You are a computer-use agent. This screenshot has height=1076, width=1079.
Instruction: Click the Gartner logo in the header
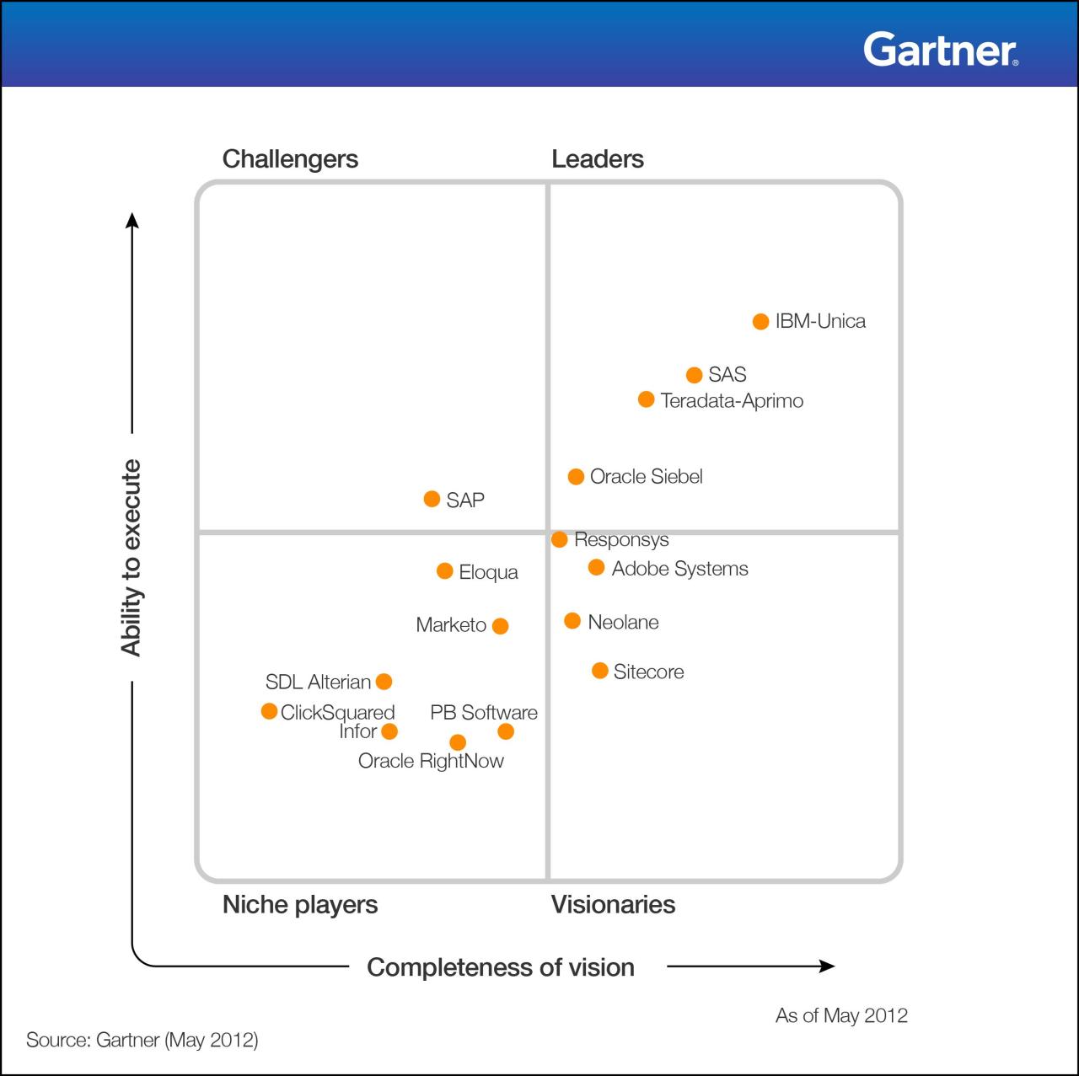click(x=940, y=50)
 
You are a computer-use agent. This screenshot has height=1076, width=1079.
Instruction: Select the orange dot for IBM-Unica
click(x=760, y=322)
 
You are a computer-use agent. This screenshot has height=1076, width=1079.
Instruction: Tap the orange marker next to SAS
click(x=694, y=375)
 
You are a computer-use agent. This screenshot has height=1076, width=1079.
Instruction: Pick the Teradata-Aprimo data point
click(x=646, y=399)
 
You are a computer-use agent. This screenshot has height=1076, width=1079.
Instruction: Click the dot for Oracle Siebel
click(x=576, y=477)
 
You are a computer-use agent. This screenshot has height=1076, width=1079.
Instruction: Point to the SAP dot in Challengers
click(x=432, y=499)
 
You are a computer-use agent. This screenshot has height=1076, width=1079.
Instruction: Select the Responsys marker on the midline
click(x=560, y=539)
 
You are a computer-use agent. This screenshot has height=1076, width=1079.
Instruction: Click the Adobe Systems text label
click(x=679, y=569)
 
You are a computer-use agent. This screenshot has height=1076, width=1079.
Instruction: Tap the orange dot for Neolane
click(x=572, y=621)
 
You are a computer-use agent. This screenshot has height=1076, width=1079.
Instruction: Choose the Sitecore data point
click(x=600, y=671)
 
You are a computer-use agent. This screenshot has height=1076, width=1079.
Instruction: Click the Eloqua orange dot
click(x=445, y=571)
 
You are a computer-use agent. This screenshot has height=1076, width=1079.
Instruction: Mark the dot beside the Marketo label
click(x=500, y=626)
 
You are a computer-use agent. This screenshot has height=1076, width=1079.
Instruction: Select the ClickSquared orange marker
click(x=269, y=711)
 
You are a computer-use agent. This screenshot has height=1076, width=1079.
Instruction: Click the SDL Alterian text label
click(x=318, y=682)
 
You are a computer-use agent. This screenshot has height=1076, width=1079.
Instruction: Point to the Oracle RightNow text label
click(x=431, y=761)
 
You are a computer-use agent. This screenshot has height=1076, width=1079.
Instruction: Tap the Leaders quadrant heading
click(x=597, y=158)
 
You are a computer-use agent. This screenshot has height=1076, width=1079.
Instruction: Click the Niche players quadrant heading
click(x=299, y=904)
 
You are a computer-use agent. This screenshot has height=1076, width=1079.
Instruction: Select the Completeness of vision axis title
click(x=501, y=966)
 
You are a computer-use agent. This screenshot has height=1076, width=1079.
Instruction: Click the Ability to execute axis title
click(x=131, y=558)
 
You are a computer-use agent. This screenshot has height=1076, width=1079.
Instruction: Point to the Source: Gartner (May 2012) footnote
click(x=142, y=1039)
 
